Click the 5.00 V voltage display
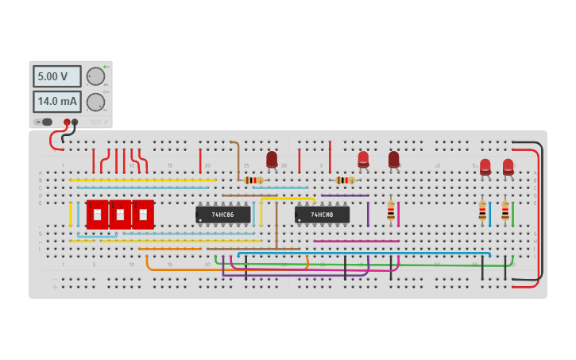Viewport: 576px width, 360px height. [56, 76]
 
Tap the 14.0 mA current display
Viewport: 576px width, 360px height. [56, 102]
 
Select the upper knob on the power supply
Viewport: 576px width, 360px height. [95, 76]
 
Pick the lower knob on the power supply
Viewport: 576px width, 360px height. [95, 102]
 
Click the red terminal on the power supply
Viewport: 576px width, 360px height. [67, 122]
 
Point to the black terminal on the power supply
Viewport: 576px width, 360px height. [75, 122]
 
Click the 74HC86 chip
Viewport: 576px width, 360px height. [223, 215]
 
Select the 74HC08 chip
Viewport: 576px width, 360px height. [322, 215]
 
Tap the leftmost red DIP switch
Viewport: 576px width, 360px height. [97, 215]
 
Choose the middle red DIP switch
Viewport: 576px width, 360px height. [120, 215]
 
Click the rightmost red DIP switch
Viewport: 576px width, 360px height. [143, 215]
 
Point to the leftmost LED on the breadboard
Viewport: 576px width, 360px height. [272, 159]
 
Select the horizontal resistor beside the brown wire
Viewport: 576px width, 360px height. [253, 180]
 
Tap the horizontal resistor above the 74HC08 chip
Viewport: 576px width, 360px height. [345, 180]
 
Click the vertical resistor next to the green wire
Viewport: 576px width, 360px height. [504, 211]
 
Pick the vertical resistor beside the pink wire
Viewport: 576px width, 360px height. [390, 211]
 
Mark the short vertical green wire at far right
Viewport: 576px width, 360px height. [512, 214]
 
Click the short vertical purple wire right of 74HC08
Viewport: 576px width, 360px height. [368, 214]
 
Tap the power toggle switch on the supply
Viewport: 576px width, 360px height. [47, 122]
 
